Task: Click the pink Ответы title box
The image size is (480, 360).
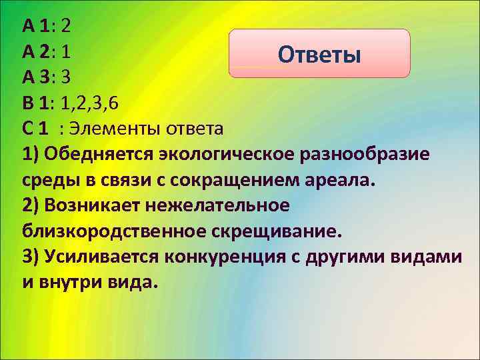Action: (319, 53)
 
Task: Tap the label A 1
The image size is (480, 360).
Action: (38, 26)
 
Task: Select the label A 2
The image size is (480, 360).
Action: (38, 51)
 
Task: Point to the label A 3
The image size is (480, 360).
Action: (38, 77)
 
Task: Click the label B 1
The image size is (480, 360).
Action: (38, 103)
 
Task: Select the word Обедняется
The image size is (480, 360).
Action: (97, 154)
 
